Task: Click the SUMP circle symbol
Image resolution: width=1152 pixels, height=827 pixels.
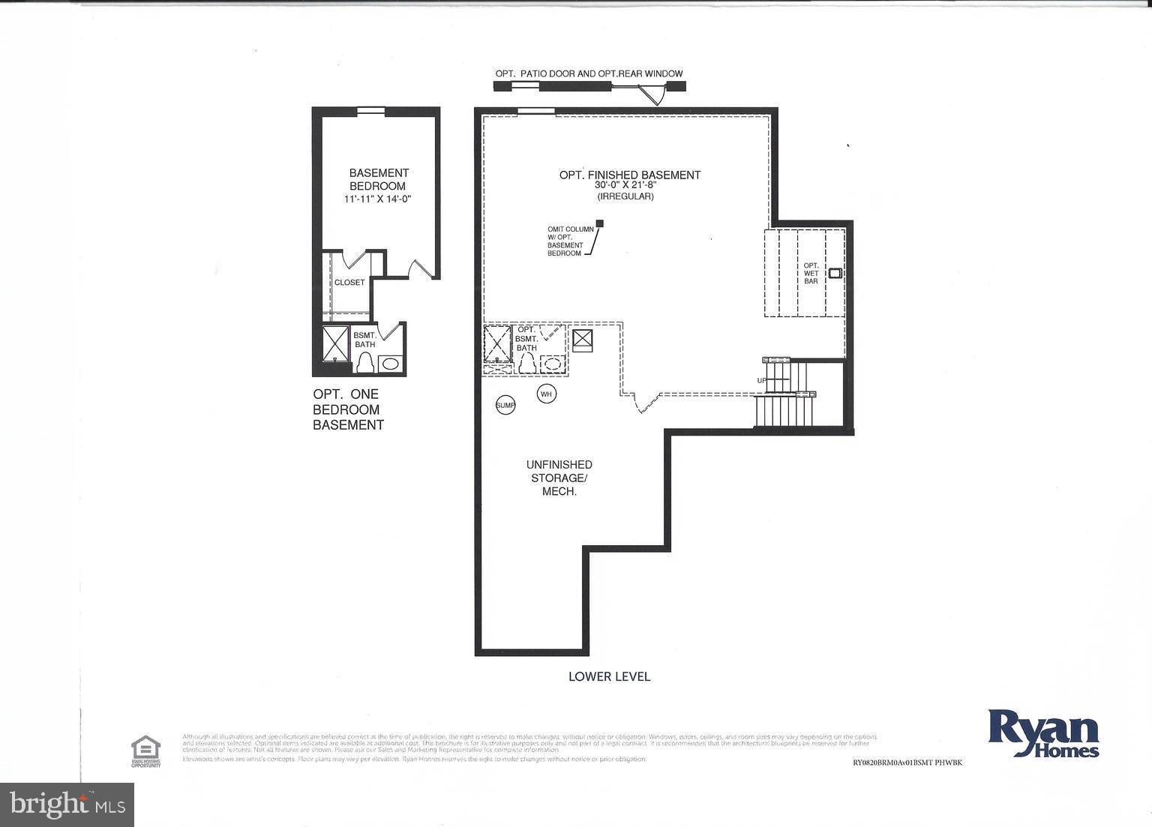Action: point(505,406)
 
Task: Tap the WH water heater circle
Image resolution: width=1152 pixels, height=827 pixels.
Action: point(546,394)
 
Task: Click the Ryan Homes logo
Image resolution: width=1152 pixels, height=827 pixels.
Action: point(1044,733)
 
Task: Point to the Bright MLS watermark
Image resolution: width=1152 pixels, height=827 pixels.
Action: point(67,805)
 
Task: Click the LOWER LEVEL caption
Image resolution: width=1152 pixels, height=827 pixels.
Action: point(609,676)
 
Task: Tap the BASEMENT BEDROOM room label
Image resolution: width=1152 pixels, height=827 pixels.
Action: point(379,179)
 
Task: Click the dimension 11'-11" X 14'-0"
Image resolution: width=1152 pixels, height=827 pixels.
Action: point(379,199)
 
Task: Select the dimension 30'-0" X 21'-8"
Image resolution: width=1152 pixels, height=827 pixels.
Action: point(625,185)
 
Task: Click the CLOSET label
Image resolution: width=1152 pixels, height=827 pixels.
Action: point(349,283)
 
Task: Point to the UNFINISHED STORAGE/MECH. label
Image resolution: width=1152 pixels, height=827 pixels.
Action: point(559,478)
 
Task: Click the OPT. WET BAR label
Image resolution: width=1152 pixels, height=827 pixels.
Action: point(811,273)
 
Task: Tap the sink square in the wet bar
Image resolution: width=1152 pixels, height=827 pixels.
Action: point(834,274)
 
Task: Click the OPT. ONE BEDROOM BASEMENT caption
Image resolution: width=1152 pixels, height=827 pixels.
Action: point(348,409)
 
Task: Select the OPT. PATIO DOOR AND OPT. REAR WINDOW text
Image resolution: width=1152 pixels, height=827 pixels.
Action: point(589,73)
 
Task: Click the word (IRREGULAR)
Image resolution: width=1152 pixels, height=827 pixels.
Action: point(625,196)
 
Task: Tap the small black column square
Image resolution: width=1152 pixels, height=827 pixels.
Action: point(599,223)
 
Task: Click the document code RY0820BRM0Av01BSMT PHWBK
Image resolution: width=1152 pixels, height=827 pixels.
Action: point(907,763)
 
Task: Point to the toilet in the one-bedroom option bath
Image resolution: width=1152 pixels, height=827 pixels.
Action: point(365,363)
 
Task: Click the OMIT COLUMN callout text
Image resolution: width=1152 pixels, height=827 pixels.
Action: point(570,241)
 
